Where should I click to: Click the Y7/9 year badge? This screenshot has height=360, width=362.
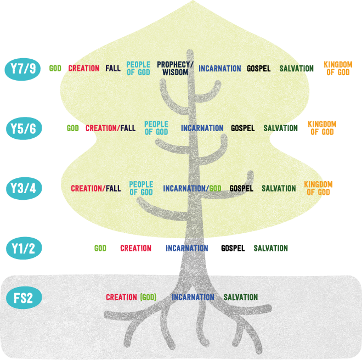23,69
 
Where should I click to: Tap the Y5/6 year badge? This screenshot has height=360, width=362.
23,128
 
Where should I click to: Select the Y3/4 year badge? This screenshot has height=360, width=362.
23,188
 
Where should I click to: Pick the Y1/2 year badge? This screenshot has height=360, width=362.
23,248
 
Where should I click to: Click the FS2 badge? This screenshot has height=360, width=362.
23,299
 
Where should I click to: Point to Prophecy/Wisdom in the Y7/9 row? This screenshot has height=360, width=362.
176,69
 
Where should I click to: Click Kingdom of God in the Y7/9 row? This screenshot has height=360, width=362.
337,69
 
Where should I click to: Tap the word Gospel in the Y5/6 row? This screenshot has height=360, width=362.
242,128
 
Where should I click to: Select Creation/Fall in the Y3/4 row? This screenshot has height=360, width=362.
96,189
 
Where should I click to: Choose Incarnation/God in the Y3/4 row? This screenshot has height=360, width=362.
192,189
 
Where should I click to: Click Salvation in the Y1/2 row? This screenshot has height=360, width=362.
271,248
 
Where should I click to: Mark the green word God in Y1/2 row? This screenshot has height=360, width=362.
100,248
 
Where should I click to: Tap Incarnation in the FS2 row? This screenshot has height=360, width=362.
193,297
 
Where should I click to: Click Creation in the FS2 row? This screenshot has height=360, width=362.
121,297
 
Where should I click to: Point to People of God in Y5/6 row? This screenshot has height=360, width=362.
156,128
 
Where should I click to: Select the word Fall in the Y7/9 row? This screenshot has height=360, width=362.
113,69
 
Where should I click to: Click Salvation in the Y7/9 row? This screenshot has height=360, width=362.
296,69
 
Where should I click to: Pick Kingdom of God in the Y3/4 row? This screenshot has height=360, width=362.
318,189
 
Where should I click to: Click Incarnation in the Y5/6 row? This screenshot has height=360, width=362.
202,128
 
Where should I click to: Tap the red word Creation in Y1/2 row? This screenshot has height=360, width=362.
135,248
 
